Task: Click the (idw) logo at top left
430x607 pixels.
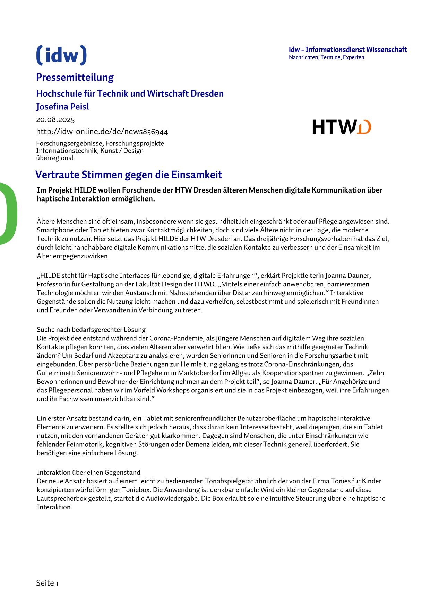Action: (61, 55)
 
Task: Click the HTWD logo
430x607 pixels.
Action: (342, 127)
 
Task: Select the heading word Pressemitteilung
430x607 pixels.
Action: (75, 77)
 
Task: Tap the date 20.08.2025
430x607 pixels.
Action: (55, 120)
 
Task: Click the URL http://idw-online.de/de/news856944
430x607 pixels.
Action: (102, 132)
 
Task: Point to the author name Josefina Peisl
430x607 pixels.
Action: (62, 107)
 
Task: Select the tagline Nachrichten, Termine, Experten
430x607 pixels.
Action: (326, 57)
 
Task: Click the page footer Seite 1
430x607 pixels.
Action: (47, 583)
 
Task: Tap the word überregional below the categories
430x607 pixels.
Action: (55, 158)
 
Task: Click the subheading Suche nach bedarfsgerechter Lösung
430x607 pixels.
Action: (91, 329)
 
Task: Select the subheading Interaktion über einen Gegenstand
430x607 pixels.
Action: (88, 472)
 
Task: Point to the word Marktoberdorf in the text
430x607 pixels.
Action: (197, 373)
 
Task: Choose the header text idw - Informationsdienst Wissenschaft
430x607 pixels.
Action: (347, 50)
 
